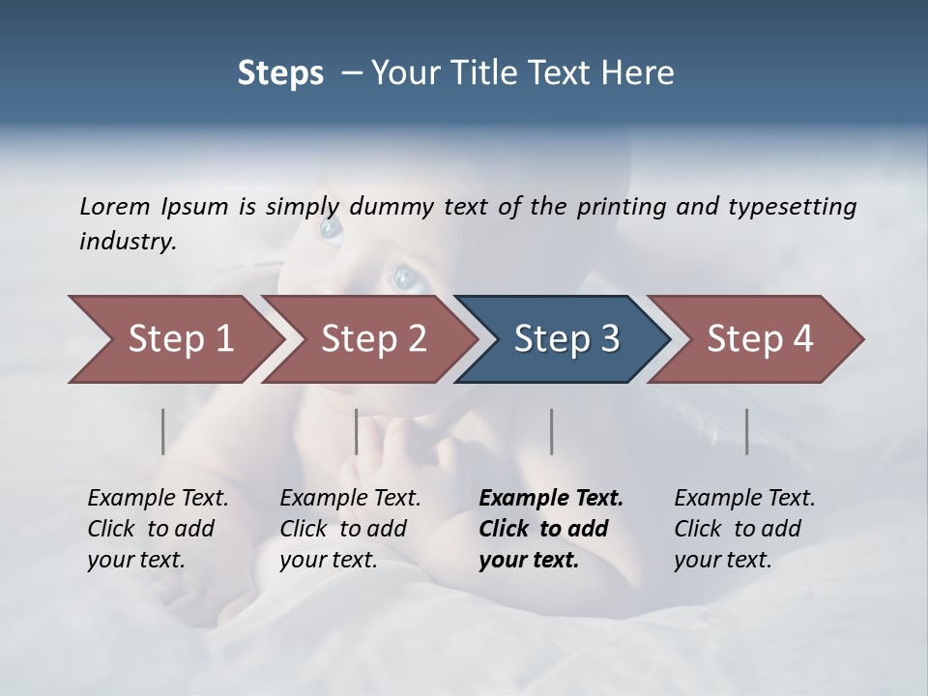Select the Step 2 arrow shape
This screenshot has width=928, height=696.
pyautogui.click(x=372, y=339)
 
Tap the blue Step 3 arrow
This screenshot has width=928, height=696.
pyautogui.click(x=565, y=339)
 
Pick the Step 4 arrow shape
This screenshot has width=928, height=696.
pyautogui.click(x=759, y=339)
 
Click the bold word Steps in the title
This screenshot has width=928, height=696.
pyautogui.click(x=280, y=72)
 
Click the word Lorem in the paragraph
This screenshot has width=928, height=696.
pyautogui.click(x=115, y=206)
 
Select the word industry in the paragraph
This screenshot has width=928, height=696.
pyautogui.click(x=127, y=242)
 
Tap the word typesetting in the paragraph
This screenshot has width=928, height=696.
pyautogui.click(x=795, y=206)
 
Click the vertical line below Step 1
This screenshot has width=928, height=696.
pyautogui.click(x=162, y=431)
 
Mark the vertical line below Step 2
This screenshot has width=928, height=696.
pyautogui.click(x=357, y=431)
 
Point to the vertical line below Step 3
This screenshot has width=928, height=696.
pyautogui.click(x=551, y=431)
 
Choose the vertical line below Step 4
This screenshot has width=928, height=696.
pyautogui.click(x=746, y=431)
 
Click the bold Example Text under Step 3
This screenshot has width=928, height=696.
pyautogui.click(x=551, y=499)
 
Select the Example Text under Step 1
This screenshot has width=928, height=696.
pyautogui.click(x=158, y=499)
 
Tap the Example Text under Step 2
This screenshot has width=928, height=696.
pyautogui.click(x=350, y=499)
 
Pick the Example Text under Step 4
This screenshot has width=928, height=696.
pyautogui.click(x=744, y=499)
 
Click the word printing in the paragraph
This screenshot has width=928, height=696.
pyautogui.click(x=617, y=206)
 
